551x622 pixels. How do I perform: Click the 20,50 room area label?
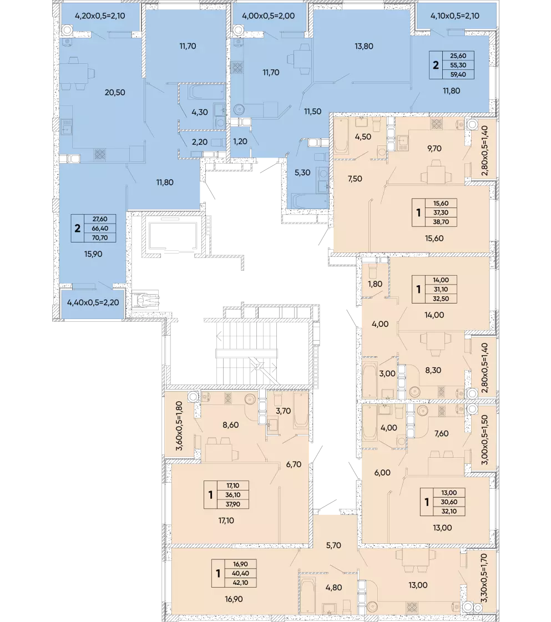click(115, 93)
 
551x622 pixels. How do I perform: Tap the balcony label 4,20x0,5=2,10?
click(100, 16)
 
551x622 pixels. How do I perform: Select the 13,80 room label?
click(364, 46)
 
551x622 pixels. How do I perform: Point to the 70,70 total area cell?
click(100, 237)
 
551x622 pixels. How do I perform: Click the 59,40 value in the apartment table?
click(458, 74)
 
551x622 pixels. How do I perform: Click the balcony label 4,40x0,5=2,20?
click(93, 302)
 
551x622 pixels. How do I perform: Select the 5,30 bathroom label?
click(302, 173)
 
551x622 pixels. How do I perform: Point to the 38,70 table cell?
click(441, 222)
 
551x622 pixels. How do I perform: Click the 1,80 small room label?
click(375, 284)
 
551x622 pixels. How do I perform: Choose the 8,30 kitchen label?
click(433, 370)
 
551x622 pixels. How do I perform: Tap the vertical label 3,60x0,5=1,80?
click(179, 426)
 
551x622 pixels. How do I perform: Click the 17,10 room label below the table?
click(226, 520)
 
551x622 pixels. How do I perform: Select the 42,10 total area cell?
click(240, 583)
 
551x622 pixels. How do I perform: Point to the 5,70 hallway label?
click(333, 545)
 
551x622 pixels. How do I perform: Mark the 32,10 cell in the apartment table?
click(449, 512)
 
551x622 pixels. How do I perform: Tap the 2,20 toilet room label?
click(200, 142)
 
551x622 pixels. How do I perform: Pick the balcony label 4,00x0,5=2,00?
click(268, 16)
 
